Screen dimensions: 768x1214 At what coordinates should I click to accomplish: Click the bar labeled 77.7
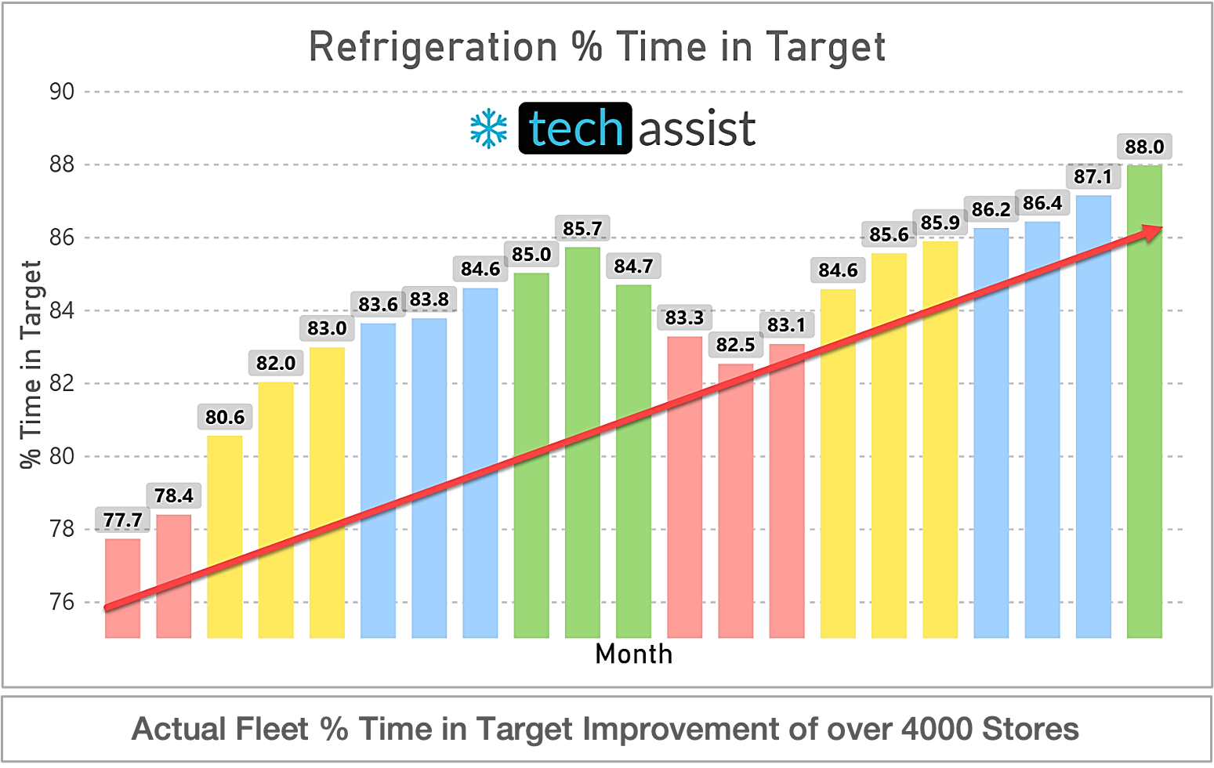(x=122, y=588)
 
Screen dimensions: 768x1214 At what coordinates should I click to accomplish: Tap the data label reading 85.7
(x=582, y=229)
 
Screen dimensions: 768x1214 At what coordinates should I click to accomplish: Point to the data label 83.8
(x=429, y=299)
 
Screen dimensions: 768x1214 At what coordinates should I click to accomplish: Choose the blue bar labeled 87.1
(x=1093, y=415)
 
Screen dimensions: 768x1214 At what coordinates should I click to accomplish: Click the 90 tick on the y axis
(x=61, y=92)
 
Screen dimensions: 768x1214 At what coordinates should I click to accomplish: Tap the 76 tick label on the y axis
(x=61, y=602)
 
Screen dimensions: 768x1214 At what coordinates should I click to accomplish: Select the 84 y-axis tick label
(x=61, y=310)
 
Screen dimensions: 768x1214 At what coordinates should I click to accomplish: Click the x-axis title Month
(x=633, y=654)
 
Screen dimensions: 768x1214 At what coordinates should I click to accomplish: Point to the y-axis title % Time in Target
(x=31, y=364)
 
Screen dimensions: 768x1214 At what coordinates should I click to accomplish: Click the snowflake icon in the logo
(x=489, y=129)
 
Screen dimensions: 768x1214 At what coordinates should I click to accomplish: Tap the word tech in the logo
(x=575, y=129)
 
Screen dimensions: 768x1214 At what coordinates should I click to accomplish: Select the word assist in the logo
(x=697, y=129)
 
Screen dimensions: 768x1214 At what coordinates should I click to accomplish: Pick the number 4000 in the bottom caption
(x=937, y=729)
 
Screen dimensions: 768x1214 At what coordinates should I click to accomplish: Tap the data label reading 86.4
(x=1042, y=204)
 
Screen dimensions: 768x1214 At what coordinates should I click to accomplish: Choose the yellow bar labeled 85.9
(x=940, y=439)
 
